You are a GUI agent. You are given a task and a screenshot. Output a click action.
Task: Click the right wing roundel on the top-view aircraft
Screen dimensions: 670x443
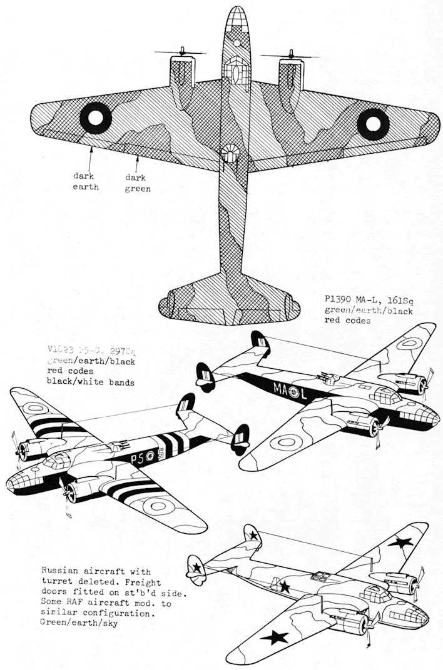[x=372, y=121]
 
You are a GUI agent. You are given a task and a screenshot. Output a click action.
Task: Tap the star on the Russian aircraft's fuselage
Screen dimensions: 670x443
[x=284, y=586]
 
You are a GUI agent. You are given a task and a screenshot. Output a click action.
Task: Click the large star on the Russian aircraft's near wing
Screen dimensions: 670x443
[x=276, y=636]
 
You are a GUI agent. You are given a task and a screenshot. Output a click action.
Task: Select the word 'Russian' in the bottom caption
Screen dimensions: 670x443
[x=60, y=571]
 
